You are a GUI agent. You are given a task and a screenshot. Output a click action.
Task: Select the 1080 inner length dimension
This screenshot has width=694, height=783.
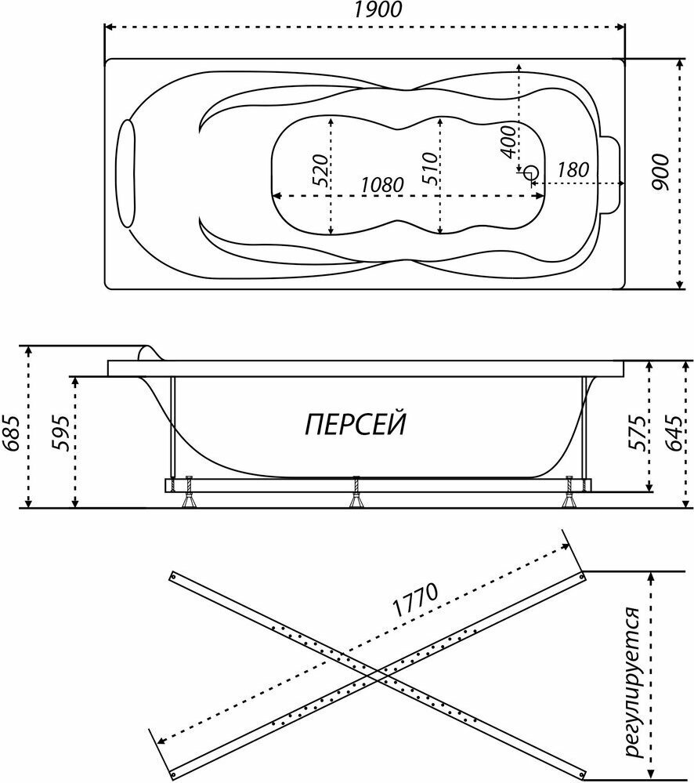tap(381, 185)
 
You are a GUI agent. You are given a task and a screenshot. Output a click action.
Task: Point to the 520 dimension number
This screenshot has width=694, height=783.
tap(319, 169)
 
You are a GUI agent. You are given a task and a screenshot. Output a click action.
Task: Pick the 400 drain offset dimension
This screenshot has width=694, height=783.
tap(507, 142)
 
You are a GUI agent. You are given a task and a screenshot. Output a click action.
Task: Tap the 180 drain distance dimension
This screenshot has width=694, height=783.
tap(573, 169)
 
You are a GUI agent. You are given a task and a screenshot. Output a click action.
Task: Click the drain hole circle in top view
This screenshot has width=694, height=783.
tap(531, 172)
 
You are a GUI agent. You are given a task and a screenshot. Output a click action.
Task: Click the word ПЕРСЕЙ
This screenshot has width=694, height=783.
tap(355, 426)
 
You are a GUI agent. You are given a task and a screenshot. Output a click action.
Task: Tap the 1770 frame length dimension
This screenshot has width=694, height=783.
tap(414, 602)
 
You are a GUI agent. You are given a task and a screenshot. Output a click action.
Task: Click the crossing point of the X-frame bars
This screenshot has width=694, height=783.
tap(378, 673)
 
